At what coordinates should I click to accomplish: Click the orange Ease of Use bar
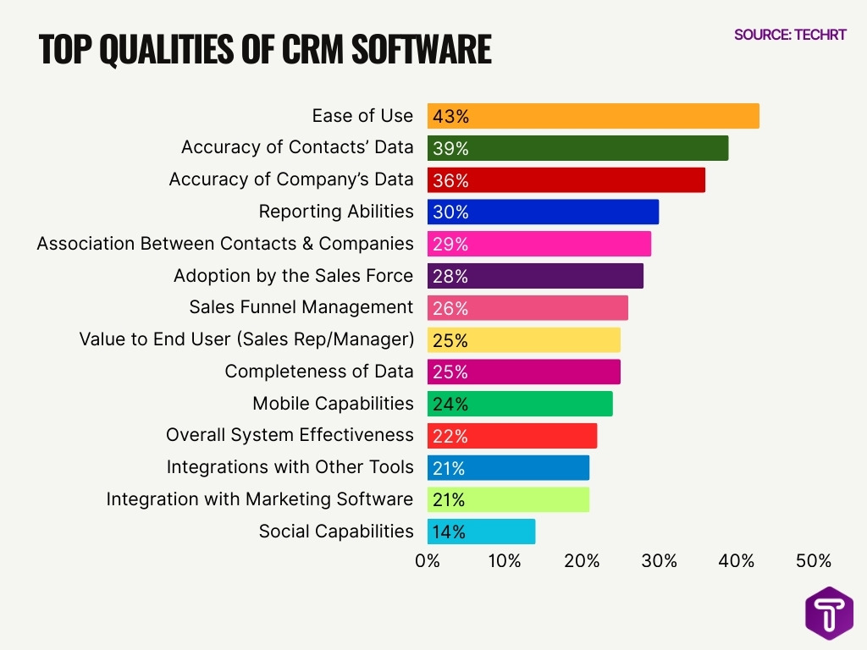pyautogui.click(x=593, y=116)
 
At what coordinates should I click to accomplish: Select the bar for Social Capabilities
pyautogui.click(x=481, y=532)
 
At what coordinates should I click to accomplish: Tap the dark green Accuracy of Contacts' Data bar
pyautogui.click(x=577, y=148)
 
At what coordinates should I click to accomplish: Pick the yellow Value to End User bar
pyautogui.click(x=523, y=340)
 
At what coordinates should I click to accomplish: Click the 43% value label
pyautogui.click(x=450, y=116)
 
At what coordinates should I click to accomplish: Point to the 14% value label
pyautogui.click(x=449, y=532)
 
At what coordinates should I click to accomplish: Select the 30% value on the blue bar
pyautogui.click(x=450, y=212)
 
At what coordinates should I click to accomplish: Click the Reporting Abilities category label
pyautogui.click(x=336, y=212)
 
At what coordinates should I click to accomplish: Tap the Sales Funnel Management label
pyautogui.click(x=301, y=307)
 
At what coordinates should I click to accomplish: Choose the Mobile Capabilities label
pyautogui.click(x=333, y=404)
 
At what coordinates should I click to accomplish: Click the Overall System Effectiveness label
pyautogui.click(x=290, y=435)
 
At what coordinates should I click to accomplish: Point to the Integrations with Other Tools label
pyautogui.click(x=290, y=467)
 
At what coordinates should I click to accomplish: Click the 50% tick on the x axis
pyautogui.click(x=814, y=561)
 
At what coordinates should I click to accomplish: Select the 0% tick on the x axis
pyautogui.click(x=428, y=561)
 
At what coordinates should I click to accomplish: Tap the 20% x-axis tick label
pyautogui.click(x=582, y=561)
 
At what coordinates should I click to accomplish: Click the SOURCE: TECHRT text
pyautogui.click(x=789, y=35)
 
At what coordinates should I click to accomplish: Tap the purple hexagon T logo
pyautogui.click(x=829, y=612)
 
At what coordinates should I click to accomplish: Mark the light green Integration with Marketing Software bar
pyautogui.click(x=508, y=499)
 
